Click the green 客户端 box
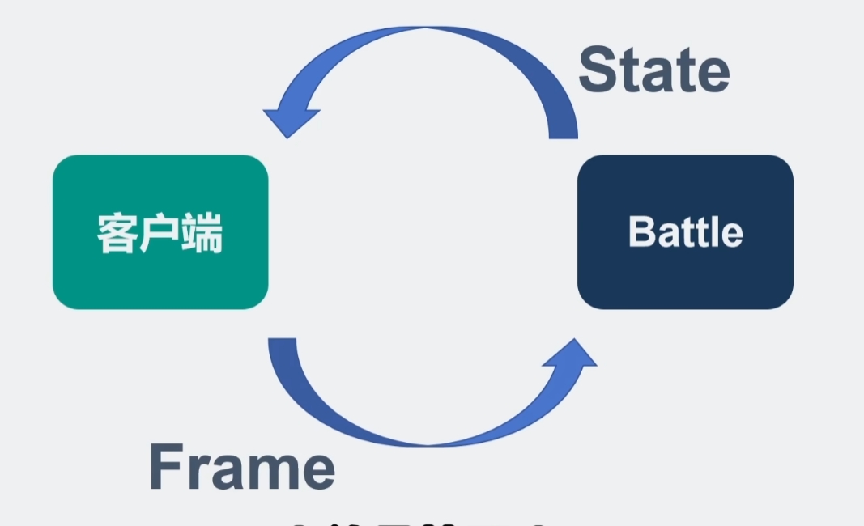(160, 232)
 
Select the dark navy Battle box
(685, 232)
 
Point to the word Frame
(242, 467)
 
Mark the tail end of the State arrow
(564, 134)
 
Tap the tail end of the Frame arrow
(283, 343)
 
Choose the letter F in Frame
(167, 467)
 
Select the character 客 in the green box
(117, 233)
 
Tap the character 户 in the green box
(160, 233)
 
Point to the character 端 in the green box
(202, 233)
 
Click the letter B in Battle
(641, 232)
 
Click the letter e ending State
(713, 74)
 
